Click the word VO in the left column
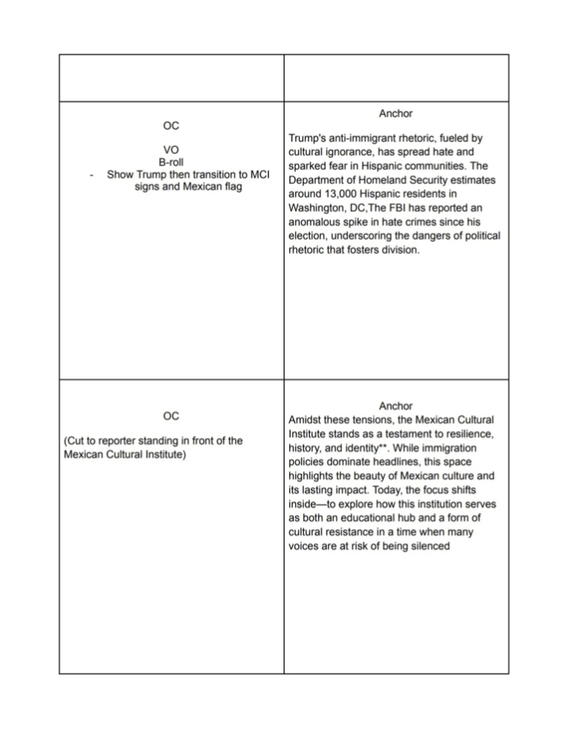click(x=171, y=150)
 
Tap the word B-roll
click(x=171, y=162)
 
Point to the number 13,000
click(x=341, y=195)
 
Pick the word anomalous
click(x=317, y=223)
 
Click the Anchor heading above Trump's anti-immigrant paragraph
click(x=396, y=113)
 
